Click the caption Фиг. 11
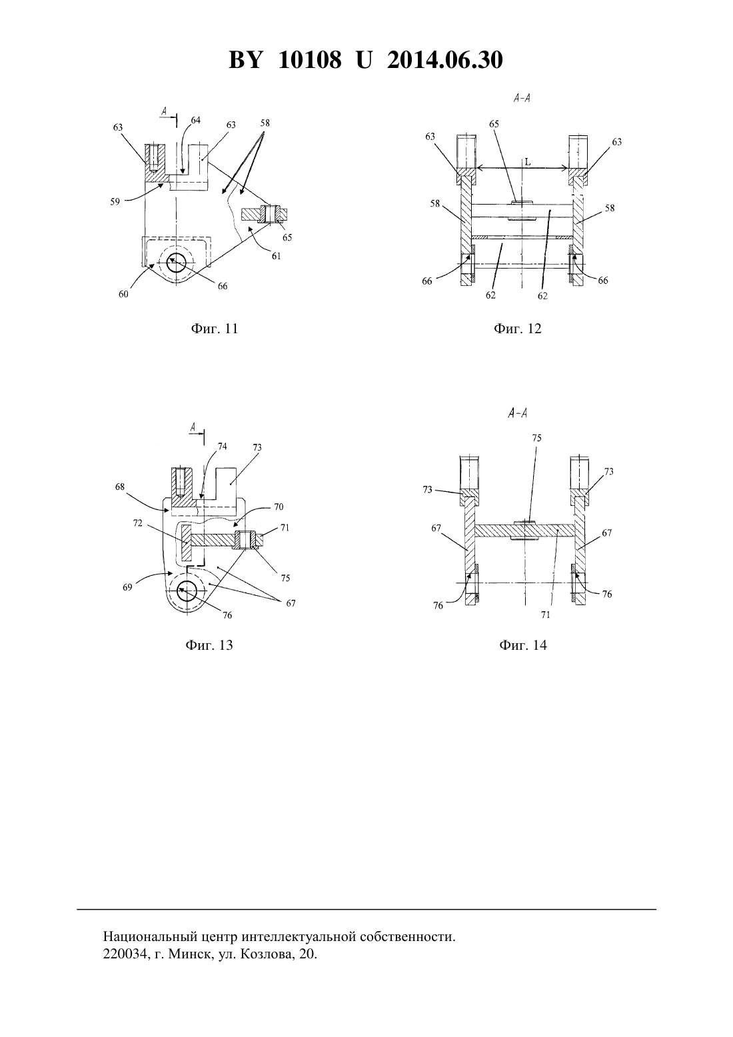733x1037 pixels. coord(215,329)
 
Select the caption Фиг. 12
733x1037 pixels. coord(517,329)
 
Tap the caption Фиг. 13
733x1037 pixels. coord(209,645)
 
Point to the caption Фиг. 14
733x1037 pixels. coord(523,645)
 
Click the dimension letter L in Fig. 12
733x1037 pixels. coord(528,163)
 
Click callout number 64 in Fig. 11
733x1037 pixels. coord(195,121)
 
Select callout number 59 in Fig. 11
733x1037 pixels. coord(115,201)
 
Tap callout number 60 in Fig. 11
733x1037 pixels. coord(123,294)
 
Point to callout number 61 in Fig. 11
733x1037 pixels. coord(276,255)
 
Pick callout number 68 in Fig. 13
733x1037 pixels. coord(121,487)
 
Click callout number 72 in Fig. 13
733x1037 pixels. coord(137,523)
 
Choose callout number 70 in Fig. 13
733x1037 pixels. coord(278,507)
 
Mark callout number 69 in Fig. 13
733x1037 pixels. coord(127,588)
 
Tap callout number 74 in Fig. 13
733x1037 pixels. coord(222,447)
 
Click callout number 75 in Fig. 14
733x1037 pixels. coord(536,437)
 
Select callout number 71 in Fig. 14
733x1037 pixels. coord(546,614)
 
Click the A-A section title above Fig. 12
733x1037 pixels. coord(522,98)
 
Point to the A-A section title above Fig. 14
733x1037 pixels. coord(517,413)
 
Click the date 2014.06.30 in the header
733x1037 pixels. coord(444,60)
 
